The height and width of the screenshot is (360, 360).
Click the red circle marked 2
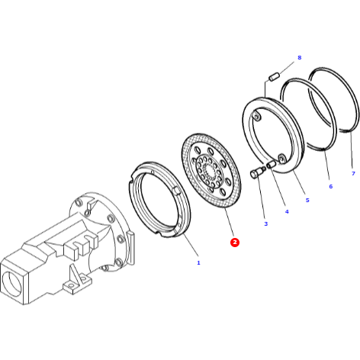click(x=235, y=242)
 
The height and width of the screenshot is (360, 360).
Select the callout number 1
click(x=198, y=263)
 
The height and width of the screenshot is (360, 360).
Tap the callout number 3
click(x=265, y=223)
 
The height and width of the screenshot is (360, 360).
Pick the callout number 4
click(x=287, y=211)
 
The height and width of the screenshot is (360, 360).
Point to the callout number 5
click(x=307, y=200)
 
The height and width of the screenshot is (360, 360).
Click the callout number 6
click(x=330, y=186)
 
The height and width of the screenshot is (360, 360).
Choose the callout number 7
click(x=352, y=174)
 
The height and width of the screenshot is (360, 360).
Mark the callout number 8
click(x=299, y=58)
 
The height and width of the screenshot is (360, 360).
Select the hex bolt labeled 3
click(x=255, y=174)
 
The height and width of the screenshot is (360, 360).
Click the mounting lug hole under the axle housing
click(x=72, y=287)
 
